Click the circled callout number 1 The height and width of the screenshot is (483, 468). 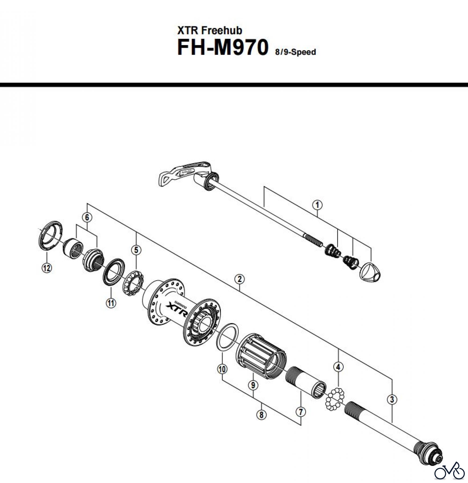tap(317, 205)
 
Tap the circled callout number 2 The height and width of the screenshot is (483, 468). tap(239, 279)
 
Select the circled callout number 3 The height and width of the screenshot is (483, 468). tap(392, 407)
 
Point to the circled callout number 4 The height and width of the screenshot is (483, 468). tap(338, 367)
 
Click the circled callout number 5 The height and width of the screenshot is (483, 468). tap(136, 250)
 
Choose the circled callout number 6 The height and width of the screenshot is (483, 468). tap(87, 217)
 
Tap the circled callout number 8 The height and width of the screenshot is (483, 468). tap(261, 415)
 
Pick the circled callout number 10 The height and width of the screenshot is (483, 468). tap(222, 369)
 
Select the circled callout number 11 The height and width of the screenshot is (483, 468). tap(111, 303)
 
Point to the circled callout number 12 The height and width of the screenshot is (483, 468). tap(47, 268)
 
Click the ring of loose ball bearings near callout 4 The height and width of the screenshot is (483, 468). tap(335, 400)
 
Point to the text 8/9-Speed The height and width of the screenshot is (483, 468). tap(295, 52)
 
